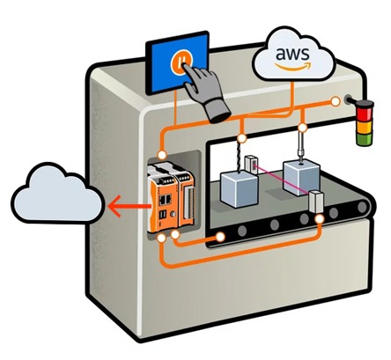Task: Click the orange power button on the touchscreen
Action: pyautogui.click(x=180, y=62)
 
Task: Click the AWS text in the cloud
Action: pyautogui.click(x=292, y=54)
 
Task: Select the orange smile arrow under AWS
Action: pyautogui.click(x=293, y=66)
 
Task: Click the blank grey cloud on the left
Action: pyautogui.click(x=57, y=193)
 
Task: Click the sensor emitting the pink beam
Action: pyautogui.click(x=252, y=164)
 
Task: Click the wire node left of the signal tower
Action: pyautogui.click(x=335, y=102)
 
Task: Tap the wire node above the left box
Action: pyautogui.click(x=240, y=138)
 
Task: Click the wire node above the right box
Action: pyautogui.click(x=302, y=128)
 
